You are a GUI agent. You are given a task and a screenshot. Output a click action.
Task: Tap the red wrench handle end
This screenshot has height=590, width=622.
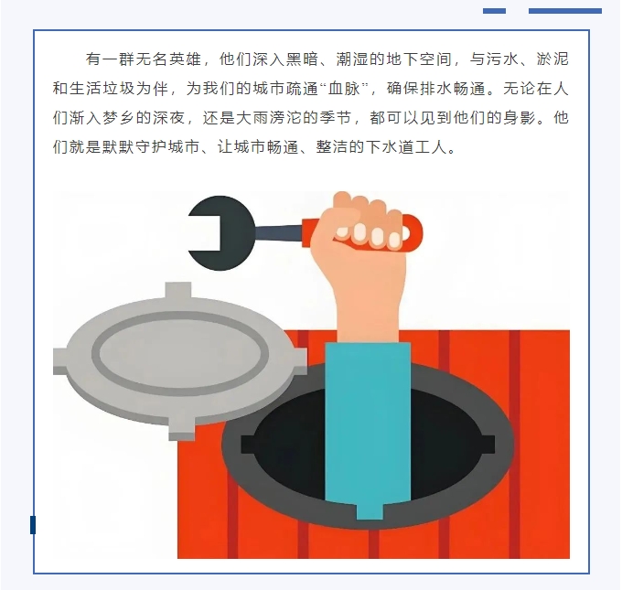coord(413,233)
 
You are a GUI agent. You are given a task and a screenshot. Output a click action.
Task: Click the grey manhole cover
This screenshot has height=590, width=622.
coord(179,361)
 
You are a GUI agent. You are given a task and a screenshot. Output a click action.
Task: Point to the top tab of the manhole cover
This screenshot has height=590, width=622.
coord(178,291)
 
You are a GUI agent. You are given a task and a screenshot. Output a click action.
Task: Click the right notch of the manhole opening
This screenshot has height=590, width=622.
coord(488,445)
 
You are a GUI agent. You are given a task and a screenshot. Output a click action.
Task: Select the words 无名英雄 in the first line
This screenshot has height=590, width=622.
coord(169,59)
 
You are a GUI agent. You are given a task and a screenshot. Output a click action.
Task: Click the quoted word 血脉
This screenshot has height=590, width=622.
coord(344,88)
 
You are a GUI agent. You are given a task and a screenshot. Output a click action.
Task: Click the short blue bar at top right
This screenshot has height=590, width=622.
coord(494,11)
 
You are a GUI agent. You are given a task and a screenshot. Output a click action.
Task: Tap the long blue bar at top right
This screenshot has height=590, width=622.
coord(565,11)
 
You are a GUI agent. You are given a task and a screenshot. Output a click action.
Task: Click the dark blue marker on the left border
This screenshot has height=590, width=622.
coord(33,525)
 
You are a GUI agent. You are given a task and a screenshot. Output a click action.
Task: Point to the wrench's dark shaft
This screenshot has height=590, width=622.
coord(279,233)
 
